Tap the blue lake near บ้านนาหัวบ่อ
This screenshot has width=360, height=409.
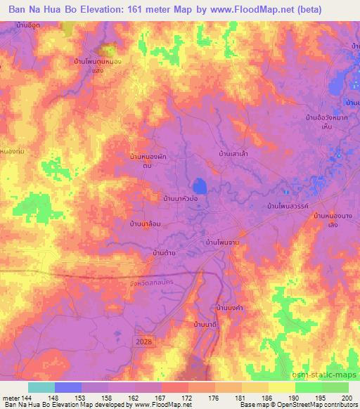[x=200, y=186]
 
